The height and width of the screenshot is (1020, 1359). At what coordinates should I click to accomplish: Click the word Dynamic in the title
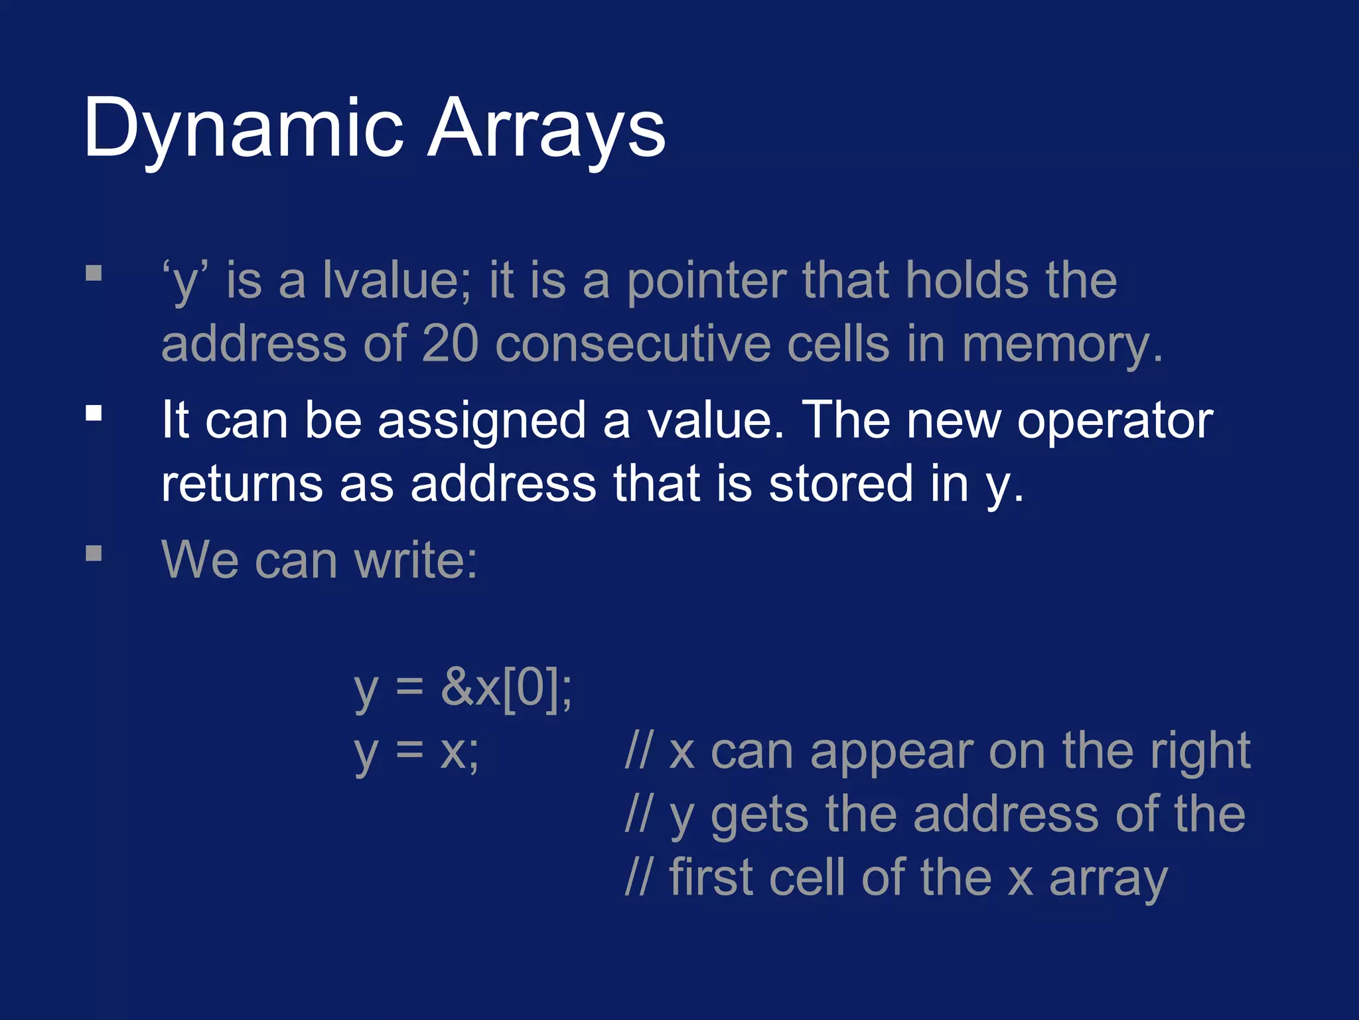click(x=243, y=127)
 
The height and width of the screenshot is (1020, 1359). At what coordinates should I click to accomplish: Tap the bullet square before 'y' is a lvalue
click(x=94, y=274)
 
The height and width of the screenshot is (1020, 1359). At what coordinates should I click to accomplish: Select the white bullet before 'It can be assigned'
click(x=94, y=414)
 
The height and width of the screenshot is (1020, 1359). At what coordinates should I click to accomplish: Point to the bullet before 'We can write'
click(x=94, y=553)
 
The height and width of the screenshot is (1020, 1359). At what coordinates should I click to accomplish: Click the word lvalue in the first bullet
click(x=397, y=280)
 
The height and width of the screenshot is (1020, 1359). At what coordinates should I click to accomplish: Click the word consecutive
click(x=633, y=344)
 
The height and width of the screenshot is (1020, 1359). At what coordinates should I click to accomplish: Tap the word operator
click(x=1115, y=421)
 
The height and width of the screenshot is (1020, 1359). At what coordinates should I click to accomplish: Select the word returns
click(x=242, y=484)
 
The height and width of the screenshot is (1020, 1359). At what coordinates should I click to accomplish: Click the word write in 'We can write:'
click(x=415, y=560)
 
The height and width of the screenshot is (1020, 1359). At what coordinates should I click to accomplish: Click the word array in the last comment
click(x=1108, y=879)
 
